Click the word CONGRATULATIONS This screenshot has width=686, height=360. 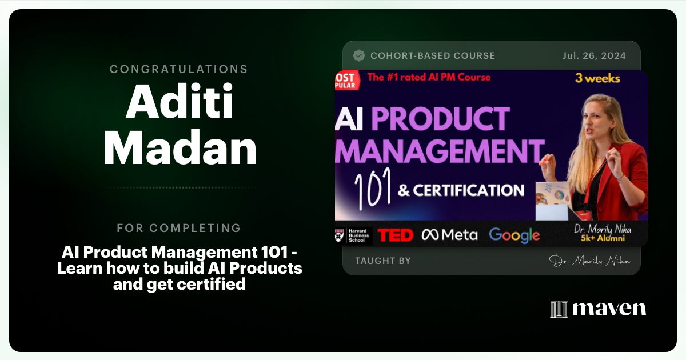point(179,69)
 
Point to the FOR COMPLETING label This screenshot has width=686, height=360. point(179,228)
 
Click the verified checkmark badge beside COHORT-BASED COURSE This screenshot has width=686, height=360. point(359,55)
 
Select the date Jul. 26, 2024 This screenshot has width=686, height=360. point(594,55)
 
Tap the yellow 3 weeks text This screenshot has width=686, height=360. point(598,78)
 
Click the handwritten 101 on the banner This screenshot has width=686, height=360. point(371,191)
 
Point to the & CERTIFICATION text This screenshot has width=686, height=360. point(461,190)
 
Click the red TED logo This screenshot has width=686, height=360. point(396,235)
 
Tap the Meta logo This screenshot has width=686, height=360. point(449,235)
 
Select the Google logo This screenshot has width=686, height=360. point(514,235)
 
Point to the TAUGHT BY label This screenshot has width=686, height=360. point(382,261)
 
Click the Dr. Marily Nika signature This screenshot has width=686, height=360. point(590,261)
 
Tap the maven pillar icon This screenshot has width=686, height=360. point(559,309)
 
